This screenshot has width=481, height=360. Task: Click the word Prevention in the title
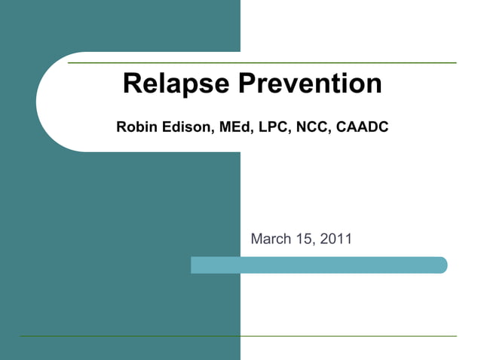point(310,84)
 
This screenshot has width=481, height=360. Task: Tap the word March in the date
point(270,239)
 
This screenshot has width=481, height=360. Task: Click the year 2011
point(335,239)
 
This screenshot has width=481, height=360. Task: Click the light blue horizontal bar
point(317,265)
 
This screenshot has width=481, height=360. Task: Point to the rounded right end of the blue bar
point(443,265)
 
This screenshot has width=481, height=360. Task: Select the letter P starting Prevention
point(248,84)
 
